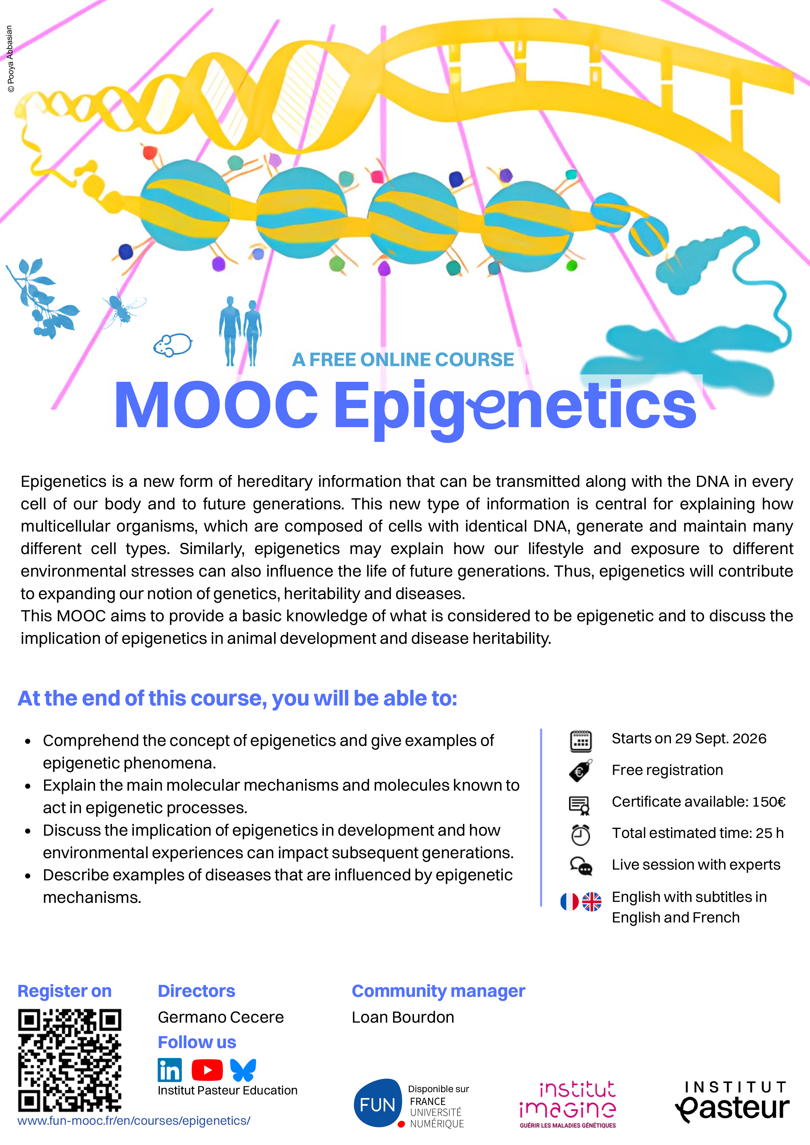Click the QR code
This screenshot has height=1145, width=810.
pyautogui.click(x=70, y=1060)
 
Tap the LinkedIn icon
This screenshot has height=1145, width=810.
pyautogui.click(x=170, y=1070)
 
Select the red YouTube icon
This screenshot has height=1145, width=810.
pyautogui.click(x=207, y=1070)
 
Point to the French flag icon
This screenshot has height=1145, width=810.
pyautogui.click(x=569, y=902)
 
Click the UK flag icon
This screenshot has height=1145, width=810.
pyautogui.click(x=592, y=902)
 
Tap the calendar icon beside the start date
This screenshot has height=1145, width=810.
pyautogui.click(x=581, y=741)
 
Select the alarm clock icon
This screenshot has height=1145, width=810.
pyautogui.click(x=580, y=835)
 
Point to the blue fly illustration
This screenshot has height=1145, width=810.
pyautogui.click(x=123, y=309)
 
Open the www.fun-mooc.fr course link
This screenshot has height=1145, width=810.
pyautogui.click(x=134, y=1121)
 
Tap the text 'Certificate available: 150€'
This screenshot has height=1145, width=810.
pyautogui.click(x=699, y=801)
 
